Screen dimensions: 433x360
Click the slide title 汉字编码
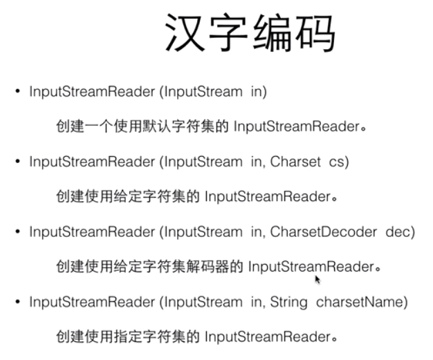[250, 33]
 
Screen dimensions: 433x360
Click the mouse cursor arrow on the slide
[317, 279]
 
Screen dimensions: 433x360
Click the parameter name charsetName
[362, 303]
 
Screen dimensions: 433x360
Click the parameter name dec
[400, 232]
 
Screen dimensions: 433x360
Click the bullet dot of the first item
[18, 91]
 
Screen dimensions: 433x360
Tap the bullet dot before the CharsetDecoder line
[18, 232]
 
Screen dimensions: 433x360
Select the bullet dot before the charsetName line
[18, 303]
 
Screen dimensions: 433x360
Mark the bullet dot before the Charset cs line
[18, 162]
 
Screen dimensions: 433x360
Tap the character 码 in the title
[314, 33]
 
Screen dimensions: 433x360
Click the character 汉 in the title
[186, 33]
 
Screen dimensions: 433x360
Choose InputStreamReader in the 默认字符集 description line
[296, 126]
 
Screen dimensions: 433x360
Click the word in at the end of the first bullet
[259, 91]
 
